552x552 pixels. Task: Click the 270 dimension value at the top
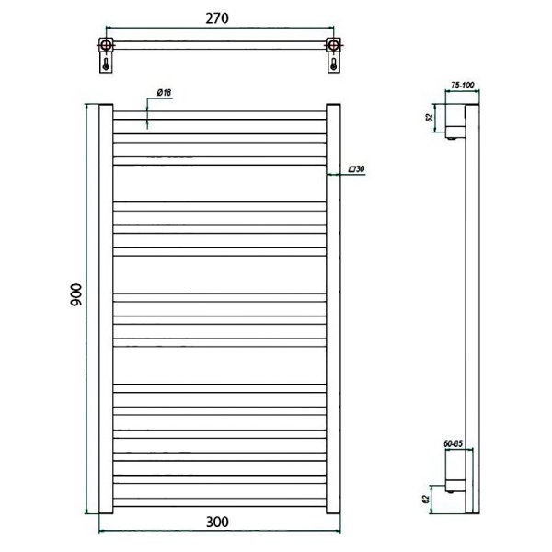217,18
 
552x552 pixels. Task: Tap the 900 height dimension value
76,294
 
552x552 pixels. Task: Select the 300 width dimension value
217,522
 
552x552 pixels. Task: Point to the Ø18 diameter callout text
164,93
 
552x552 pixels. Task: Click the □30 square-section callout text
356,169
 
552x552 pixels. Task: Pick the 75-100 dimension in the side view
463,86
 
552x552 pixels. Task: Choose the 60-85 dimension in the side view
453,443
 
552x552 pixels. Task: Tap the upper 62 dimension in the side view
429,118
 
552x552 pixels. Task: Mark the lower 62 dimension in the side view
426,499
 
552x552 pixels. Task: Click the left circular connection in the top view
106,45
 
